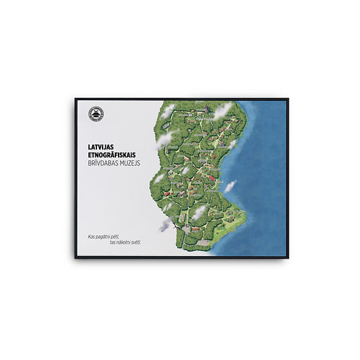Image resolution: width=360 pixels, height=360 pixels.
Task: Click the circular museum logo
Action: coord(96,115)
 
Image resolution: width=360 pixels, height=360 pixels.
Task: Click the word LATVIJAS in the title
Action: coord(102,147)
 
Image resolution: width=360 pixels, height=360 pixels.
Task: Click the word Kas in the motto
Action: coord(92,236)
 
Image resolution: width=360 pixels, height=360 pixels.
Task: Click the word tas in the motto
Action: coord(112,242)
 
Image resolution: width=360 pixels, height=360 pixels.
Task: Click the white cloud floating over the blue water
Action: coord(230,186)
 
